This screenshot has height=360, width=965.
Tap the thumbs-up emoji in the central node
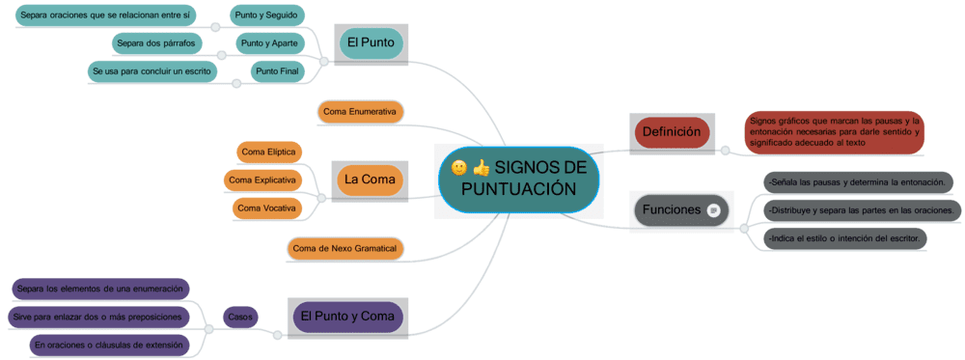482,168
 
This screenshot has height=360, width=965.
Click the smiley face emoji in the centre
459,168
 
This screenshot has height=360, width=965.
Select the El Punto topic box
371,42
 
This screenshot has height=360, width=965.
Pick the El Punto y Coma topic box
347,317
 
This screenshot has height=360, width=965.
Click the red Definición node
672,132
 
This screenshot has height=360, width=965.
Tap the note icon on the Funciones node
713,210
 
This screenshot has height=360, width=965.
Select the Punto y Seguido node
268,15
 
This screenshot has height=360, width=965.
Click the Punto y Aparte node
270,43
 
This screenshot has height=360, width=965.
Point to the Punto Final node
277,71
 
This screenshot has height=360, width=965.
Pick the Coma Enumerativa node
360,112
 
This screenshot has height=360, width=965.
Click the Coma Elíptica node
269,152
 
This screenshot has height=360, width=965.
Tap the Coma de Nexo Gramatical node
345,249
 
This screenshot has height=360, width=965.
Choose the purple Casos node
240,316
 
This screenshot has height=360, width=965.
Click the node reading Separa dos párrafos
156,43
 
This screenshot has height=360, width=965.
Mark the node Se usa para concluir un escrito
152,71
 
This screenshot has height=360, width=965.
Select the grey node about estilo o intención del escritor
845,238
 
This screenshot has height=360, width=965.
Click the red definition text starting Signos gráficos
834,132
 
